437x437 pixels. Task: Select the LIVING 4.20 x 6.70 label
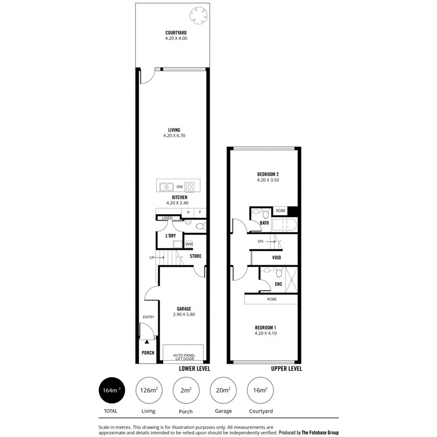pyautogui.click(x=174, y=133)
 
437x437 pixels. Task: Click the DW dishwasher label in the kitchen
pyautogui.click(x=179, y=186)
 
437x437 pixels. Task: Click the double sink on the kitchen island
pyautogui.click(x=166, y=186)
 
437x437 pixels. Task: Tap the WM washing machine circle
pyautogui.click(x=189, y=243)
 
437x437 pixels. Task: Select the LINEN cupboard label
pyautogui.click(x=168, y=218)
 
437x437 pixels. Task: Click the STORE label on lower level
pyautogui.click(x=195, y=256)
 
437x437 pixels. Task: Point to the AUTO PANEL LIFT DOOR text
pyautogui.click(x=184, y=357)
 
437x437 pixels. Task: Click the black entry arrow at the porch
pyautogui.click(x=147, y=342)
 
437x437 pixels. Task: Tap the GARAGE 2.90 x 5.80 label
pyautogui.click(x=184, y=311)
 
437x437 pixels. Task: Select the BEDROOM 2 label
pyautogui.click(x=268, y=174)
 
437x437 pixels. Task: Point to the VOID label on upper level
pyautogui.click(x=276, y=258)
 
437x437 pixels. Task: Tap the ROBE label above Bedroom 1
pyautogui.click(x=272, y=299)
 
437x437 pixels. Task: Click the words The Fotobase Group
pyautogui.click(x=320, y=432)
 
